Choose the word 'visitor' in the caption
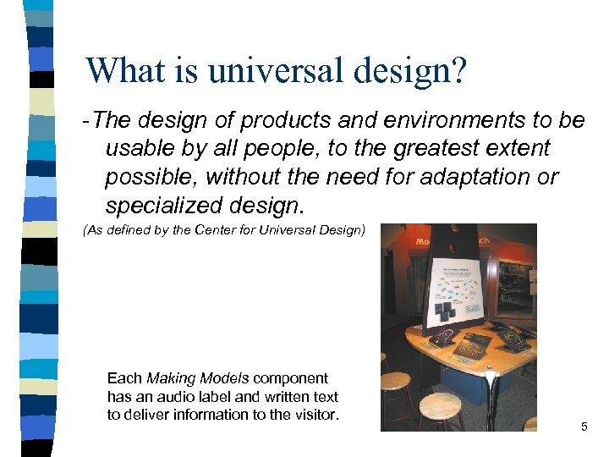coord(313,414)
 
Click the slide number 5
coord(584,427)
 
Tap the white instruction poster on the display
coord(460,291)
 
